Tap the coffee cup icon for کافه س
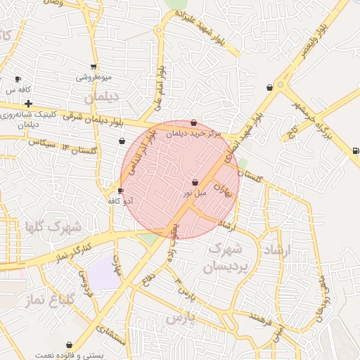pos(18,79)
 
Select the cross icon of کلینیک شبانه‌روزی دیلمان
pos(28,104)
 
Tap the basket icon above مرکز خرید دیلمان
pos(194,123)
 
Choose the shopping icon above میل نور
pos(195,182)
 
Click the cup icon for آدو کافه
pos(121,191)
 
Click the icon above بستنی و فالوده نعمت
pos(69,345)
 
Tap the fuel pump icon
pos(355,150)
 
